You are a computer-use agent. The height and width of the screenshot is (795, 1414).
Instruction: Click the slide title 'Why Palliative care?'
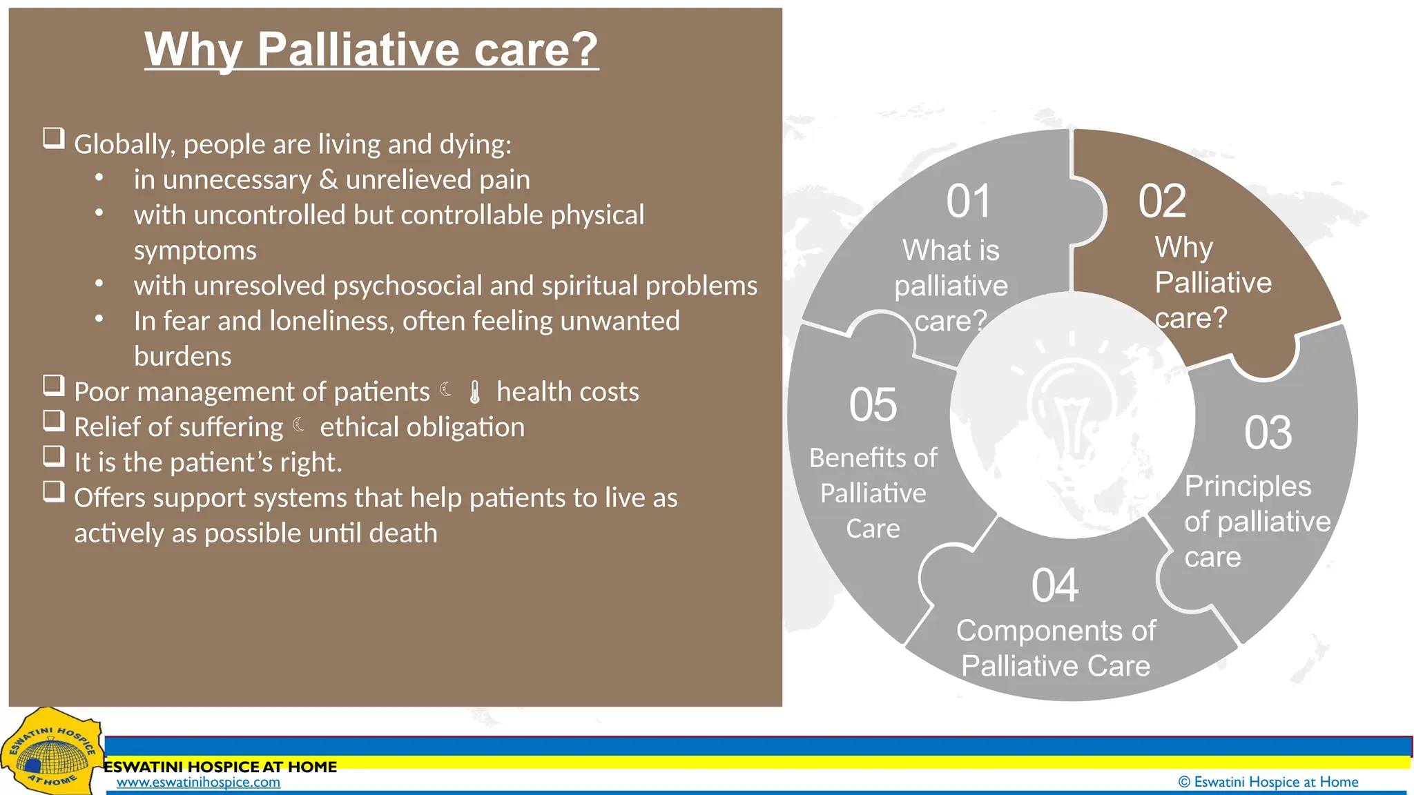pos(371,50)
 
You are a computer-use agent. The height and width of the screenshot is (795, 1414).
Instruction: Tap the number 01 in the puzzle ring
pos(969,202)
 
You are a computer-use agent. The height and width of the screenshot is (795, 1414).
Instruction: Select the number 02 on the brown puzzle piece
pos(1162,202)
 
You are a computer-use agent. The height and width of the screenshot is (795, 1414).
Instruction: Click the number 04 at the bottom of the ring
pos(1055,586)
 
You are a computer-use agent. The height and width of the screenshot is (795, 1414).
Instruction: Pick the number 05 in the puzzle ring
pos(873,405)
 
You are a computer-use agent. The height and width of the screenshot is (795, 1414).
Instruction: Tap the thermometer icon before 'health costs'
pos(474,392)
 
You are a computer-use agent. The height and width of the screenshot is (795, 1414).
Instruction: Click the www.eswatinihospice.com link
pos(198,783)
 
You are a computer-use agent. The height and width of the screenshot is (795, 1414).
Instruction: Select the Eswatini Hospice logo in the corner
pos(50,754)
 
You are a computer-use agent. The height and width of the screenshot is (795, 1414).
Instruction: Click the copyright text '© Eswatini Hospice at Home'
pos(1268,782)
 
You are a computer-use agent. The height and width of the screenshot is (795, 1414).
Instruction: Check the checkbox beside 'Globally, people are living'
pos(54,139)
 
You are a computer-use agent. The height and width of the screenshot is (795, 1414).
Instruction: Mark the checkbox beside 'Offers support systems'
pos(54,492)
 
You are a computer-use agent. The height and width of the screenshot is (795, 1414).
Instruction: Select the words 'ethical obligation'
pos(422,427)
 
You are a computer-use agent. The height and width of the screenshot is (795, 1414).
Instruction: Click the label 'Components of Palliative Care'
pos(1055,648)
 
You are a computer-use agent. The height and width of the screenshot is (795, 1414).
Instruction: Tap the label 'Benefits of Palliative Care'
pos(873,493)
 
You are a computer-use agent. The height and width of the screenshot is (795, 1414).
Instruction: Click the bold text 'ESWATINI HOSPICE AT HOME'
pos(220,767)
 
